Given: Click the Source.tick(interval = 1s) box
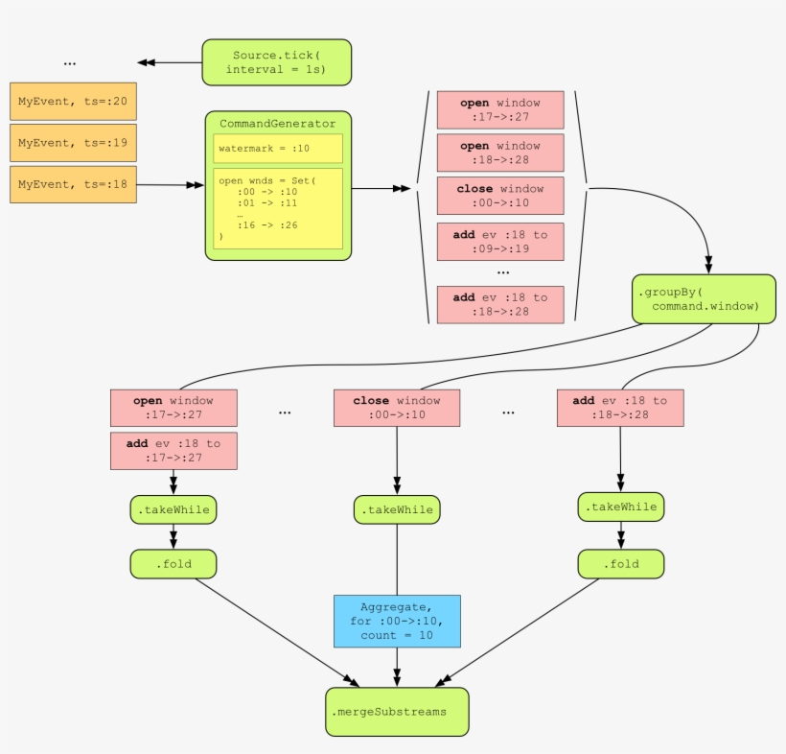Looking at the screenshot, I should pos(276,62).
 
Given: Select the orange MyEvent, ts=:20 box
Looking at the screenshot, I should pos(73,101).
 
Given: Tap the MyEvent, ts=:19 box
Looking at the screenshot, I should pos(73,143).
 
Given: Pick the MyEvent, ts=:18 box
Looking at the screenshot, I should pos(73,184).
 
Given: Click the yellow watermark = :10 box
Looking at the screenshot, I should pos(278,149).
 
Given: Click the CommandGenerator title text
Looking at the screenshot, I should pos(278,124).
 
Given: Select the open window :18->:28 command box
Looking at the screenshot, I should pos(499,153).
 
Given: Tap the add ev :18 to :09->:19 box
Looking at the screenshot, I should pos(499,241).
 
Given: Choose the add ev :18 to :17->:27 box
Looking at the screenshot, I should pos(173,451).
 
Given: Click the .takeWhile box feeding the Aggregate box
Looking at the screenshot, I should pos(397,509).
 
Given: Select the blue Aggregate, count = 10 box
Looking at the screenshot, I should pos(397,621).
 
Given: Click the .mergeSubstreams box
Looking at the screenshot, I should pos(397,712).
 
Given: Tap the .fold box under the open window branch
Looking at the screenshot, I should pos(173,564).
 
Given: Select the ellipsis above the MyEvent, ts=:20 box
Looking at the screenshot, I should pos(70,63).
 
